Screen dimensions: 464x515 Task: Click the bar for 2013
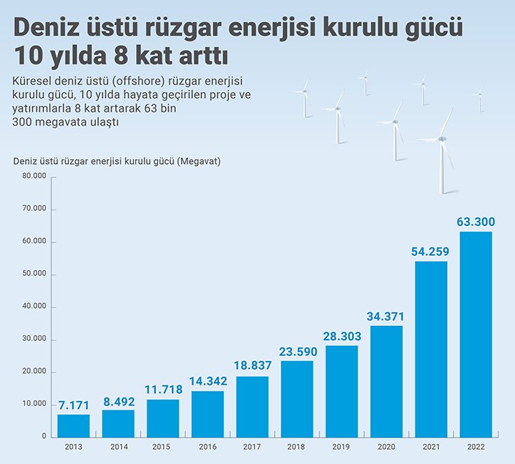(x=74, y=425)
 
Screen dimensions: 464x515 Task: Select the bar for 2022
(x=476, y=334)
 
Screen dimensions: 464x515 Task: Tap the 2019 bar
(x=342, y=391)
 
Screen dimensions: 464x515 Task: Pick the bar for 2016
(x=207, y=413)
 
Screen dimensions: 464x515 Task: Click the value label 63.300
(x=476, y=222)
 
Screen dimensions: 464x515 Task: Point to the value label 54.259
(x=431, y=252)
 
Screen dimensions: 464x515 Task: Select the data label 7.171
(x=74, y=405)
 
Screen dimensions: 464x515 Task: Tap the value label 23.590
(x=297, y=351)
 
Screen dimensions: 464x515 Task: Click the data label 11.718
(x=163, y=390)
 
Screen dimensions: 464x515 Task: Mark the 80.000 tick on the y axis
(x=34, y=177)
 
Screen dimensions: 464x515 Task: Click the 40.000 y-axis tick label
(x=34, y=307)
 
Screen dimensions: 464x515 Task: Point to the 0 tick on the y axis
(x=44, y=436)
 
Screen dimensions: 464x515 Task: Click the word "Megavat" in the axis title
(x=200, y=160)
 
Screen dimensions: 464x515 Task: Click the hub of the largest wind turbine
(x=441, y=138)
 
